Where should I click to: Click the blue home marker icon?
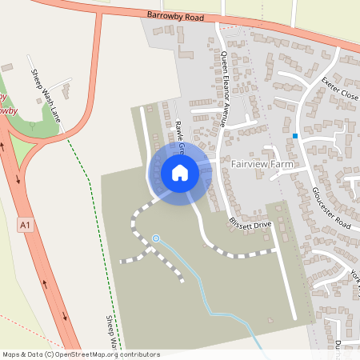179,173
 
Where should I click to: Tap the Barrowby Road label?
177,16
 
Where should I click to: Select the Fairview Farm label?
262,164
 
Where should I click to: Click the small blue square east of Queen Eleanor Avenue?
295,136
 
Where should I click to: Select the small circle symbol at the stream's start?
156,238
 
